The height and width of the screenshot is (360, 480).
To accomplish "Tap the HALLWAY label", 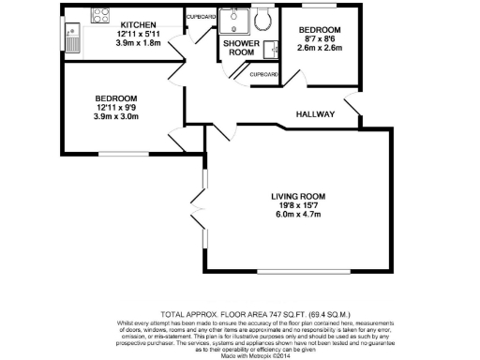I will pyautogui.click(x=316, y=113).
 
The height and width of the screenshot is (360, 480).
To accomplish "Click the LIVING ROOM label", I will pyautogui.click(x=296, y=195).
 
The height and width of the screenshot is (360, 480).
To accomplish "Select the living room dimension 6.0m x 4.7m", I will pyautogui.click(x=296, y=215).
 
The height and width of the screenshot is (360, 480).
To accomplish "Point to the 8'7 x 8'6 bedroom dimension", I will pyautogui.click(x=320, y=40).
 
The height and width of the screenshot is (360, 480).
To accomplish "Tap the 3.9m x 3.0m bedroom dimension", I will pyautogui.click(x=116, y=118).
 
